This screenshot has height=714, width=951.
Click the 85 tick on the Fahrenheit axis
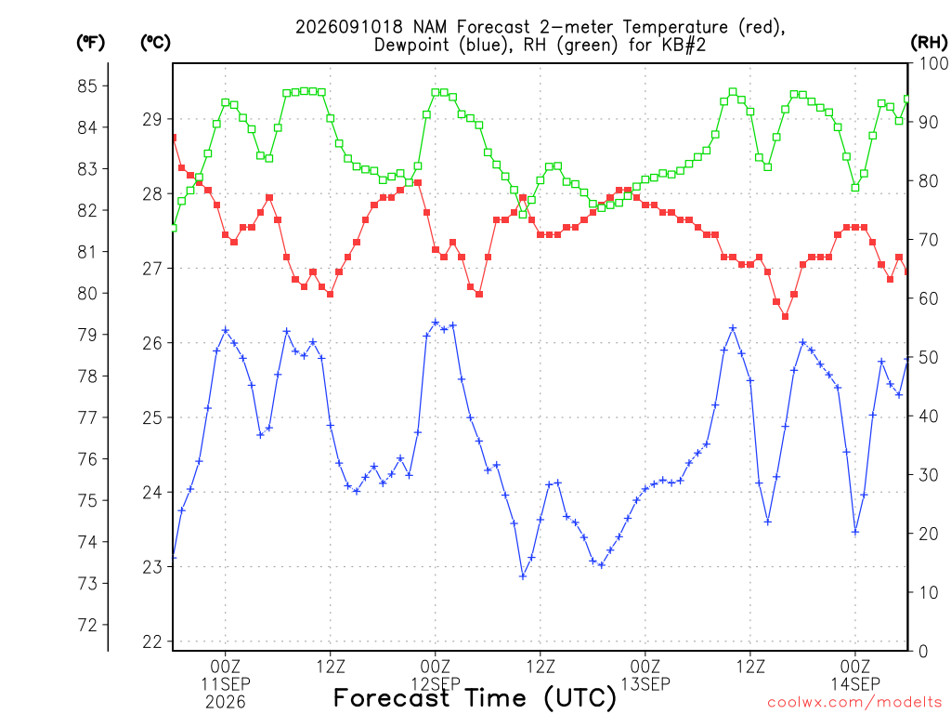pyautogui.click(x=87, y=86)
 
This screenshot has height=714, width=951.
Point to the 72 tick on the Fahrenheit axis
pyautogui.click(x=87, y=625)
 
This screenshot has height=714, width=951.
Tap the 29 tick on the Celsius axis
pyautogui.click(x=153, y=120)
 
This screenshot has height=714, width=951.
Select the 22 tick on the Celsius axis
pyautogui.click(x=153, y=641)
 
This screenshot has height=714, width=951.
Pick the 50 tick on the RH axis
pyautogui.click(x=929, y=358)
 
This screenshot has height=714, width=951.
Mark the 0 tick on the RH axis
pyautogui.click(x=924, y=652)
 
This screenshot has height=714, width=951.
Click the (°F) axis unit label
pyautogui.click(x=90, y=43)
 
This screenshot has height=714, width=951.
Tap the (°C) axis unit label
pyautogui.click(x=155, y=43)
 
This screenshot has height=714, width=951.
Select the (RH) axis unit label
pyautogui.click(x=929, y=43)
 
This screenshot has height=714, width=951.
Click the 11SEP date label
pyautogui.click(x=226, y=684)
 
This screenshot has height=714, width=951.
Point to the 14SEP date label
pyautogui.click(x=855, y=684)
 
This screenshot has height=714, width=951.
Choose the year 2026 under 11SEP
pyautogui.click(x=226, y=703)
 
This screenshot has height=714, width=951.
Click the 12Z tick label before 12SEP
pyautogui.click(x=331, y=667)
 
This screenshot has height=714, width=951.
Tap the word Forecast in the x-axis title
pyautogui.click(x=392, y=698)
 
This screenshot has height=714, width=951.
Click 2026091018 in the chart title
pyautogui.click(x=349, y=27)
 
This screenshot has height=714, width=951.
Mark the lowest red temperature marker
pyautogui.click(x=786, y=316)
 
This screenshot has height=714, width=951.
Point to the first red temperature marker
pyautogui.click(x=174, y=138)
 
